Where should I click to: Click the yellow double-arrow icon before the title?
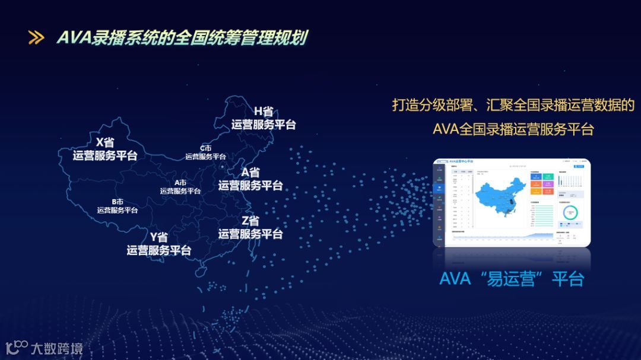[36, 38]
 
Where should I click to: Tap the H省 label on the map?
[264, 111]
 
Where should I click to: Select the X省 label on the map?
[105, 142]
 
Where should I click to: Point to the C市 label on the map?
[205, 148]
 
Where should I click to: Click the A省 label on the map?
[250, 173]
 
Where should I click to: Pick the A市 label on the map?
[180, 183]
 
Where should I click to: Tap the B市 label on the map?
[118, 202]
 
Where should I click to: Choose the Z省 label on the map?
[250, 221]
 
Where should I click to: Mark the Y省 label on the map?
[158, 237]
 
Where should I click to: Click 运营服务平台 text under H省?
[264, 125]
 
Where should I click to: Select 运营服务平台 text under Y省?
[158, 250]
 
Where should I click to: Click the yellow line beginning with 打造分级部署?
[513, 106]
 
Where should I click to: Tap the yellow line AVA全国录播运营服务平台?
[513, 129]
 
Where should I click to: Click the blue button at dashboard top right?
[580, 166]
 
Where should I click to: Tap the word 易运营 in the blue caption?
[511, 279]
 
